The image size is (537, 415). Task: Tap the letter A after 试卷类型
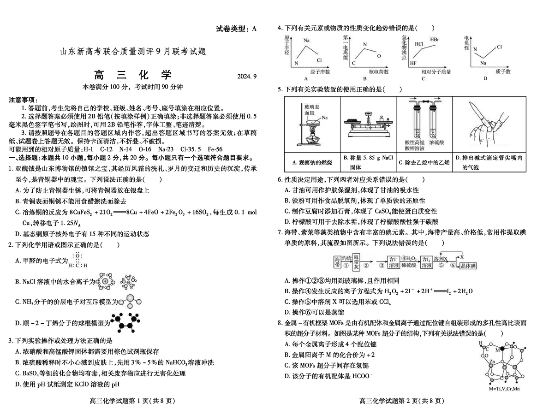[x=254, y=29]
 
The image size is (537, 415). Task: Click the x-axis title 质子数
[x=502, y=71]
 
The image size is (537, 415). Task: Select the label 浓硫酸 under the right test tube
[x=437, y=144]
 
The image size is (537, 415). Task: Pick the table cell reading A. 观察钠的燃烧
[x=312, y=162]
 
